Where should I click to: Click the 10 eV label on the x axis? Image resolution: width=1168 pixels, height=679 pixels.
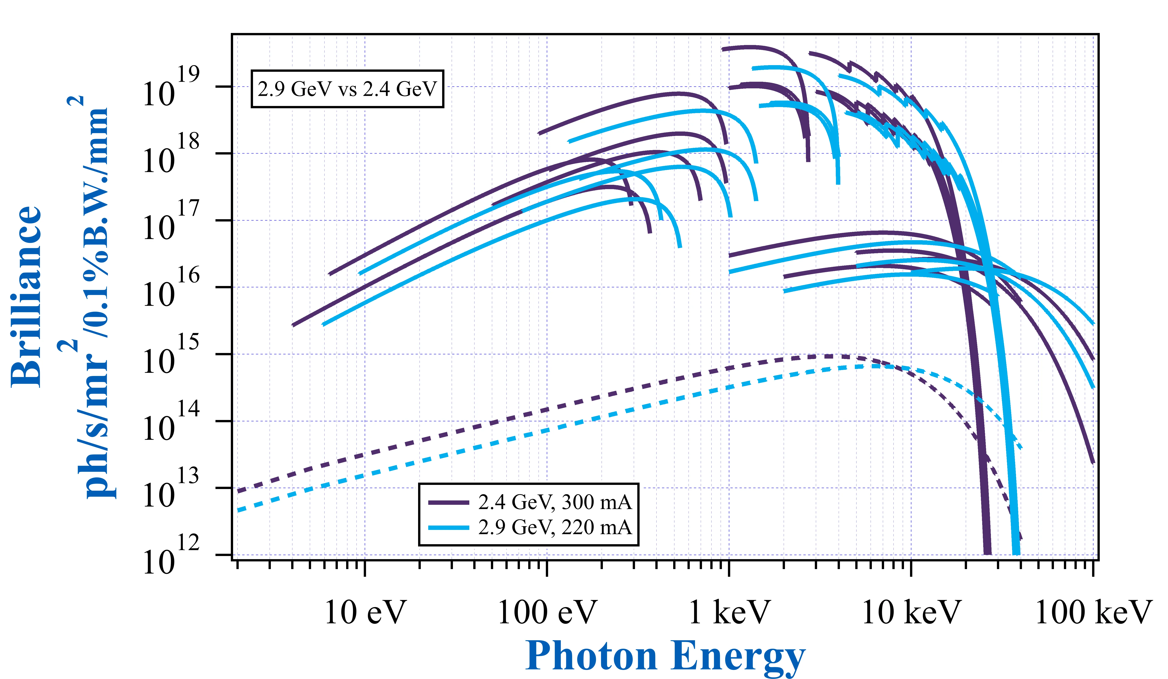pos(365,613)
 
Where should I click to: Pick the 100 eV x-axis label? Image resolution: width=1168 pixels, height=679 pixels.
pos(547,613)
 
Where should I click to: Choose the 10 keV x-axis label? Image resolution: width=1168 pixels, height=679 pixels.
pos(911,613)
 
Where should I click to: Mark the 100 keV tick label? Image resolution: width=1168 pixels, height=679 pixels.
pos(1093,613)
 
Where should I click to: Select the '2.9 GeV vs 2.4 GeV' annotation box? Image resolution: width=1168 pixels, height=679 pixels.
pos(347,89)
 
